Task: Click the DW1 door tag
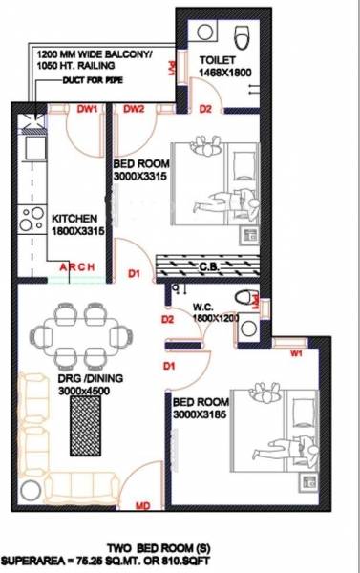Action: [87, 110]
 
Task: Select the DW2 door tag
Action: [133, 110]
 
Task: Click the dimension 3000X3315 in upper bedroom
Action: [142, 176]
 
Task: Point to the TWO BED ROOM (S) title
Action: [178, 540]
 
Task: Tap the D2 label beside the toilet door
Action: [204, 110]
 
